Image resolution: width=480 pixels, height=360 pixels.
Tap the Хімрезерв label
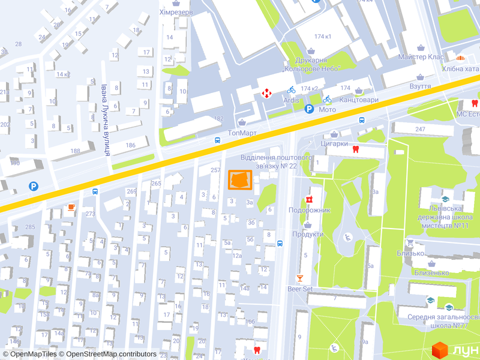pos(176,12)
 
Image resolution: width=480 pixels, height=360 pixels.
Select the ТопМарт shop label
pos(242,133)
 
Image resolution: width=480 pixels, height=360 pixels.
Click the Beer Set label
pos(300,289)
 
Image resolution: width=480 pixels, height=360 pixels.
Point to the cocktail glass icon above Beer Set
pos(300,278)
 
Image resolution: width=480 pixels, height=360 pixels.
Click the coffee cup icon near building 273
pos(71,207)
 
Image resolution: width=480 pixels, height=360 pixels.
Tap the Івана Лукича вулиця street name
pos(105,120)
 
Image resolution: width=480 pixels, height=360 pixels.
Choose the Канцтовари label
pos(359,100)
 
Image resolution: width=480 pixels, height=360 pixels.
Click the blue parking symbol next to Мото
pos(309,109)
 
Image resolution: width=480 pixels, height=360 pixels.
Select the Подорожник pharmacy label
pos(310,210)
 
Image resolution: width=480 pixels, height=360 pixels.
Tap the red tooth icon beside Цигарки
pos(355,149)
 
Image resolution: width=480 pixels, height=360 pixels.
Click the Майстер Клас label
pos(421,57)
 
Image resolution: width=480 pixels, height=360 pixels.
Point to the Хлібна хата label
pos(461,68)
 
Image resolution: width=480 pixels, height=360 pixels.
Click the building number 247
pos(419,130)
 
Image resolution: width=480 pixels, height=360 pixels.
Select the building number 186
pos(130,145)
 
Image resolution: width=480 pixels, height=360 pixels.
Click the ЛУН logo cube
pos(440,349)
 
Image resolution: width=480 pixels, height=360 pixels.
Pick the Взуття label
pos(420,86)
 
